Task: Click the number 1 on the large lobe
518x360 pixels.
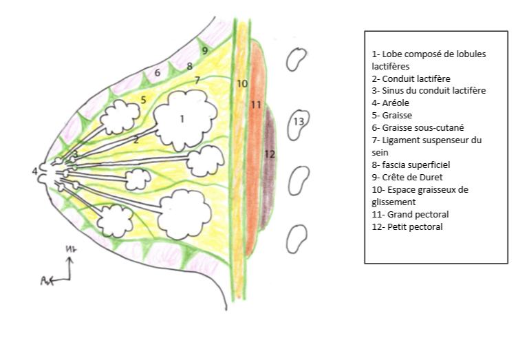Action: coord(181,118)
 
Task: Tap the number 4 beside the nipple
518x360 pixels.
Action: coord(34,171)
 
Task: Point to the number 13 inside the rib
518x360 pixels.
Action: coord(299,121)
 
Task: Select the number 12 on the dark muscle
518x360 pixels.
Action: coord(270,154)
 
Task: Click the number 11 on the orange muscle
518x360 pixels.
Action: coord(255,105)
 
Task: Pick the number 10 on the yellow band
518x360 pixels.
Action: coord(241,84)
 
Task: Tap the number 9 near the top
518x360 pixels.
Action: coord(204,50)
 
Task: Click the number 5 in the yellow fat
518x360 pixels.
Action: coord(143,100)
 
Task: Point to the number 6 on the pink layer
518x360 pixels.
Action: coord(157,72)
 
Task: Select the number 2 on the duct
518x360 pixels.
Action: coord(136,139)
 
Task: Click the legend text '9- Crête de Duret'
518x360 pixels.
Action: coord(407,177)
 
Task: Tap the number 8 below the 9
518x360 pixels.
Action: coord(190,66)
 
